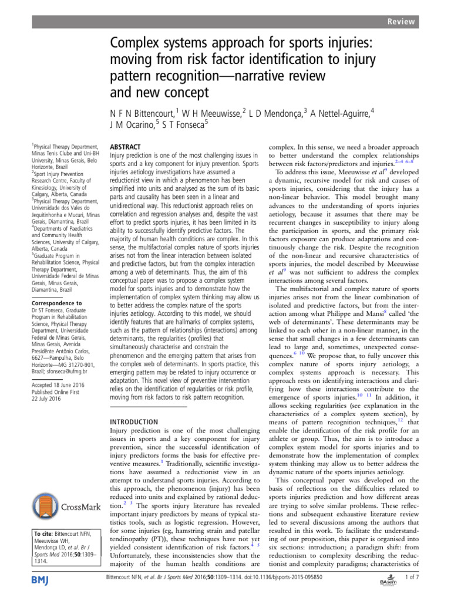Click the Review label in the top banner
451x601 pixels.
(400, 22)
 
